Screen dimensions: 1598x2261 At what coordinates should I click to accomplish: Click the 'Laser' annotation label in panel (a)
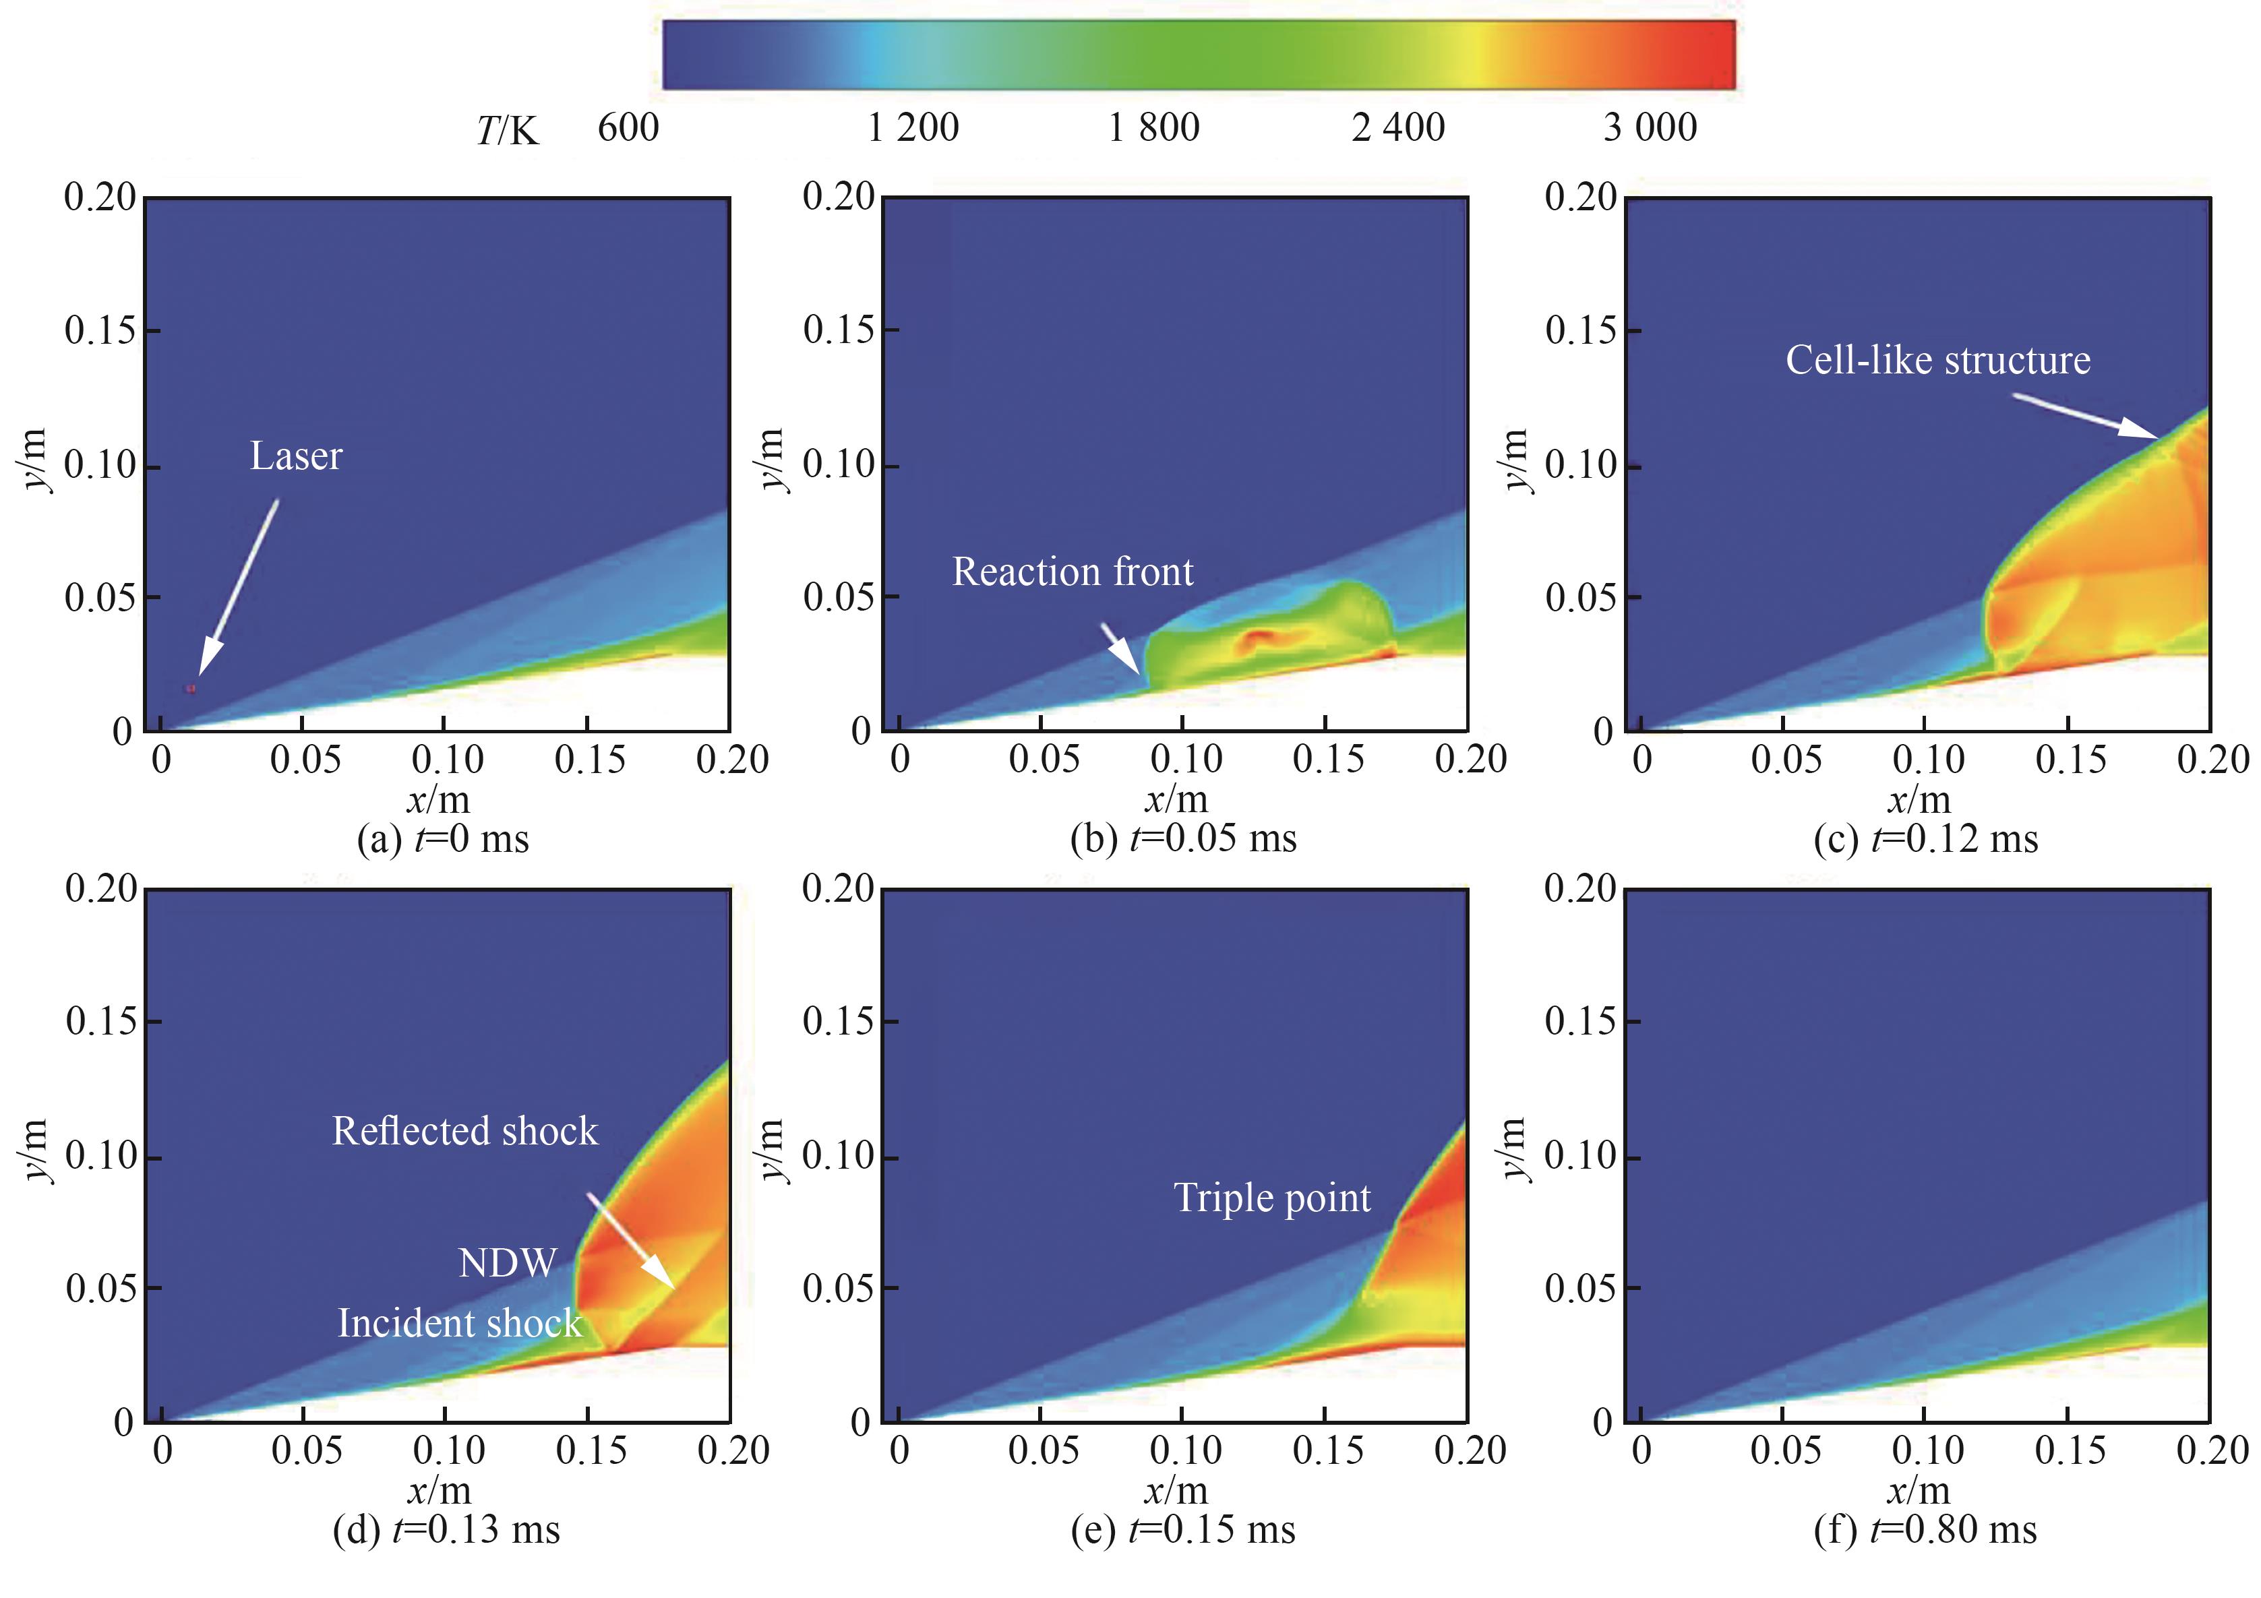[x=295, y=456]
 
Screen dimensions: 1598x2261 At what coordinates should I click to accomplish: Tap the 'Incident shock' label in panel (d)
[x=460, y=1323]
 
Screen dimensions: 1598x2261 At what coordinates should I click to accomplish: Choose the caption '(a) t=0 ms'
[x=443, y=840]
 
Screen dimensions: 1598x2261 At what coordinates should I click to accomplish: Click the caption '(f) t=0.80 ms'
[x=1925, y=1530]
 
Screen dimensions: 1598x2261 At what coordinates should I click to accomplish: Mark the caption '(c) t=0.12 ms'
[x=1925, y=840]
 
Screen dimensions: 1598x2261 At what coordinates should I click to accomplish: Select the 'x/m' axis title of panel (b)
[x=1176, y=799]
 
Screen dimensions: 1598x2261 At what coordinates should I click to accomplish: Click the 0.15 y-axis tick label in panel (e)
[x=838, y=1021]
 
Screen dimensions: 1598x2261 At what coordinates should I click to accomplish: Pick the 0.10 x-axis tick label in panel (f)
[x=1927, y=1450]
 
